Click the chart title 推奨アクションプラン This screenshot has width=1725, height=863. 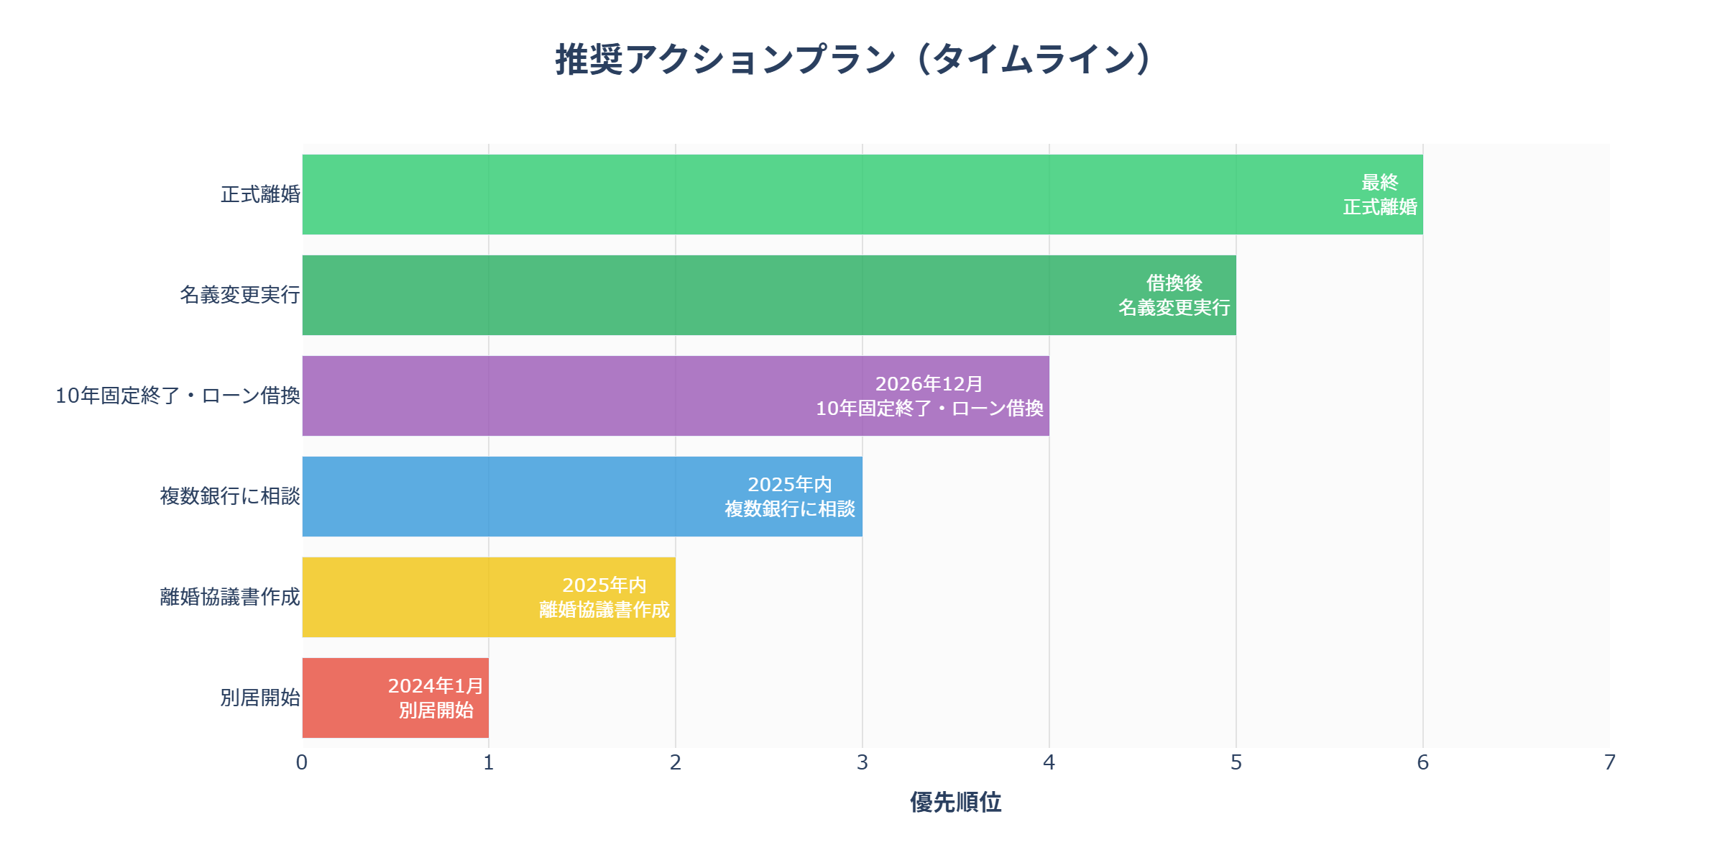tap(855, 59)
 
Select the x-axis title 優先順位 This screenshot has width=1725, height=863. tap(955, 802)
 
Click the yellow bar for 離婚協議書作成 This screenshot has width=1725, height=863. tap(431, 597)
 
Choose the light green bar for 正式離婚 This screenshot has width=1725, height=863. tap(791, 194)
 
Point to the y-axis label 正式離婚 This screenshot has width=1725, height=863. tap(260, 194)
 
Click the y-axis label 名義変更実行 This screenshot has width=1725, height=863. tap(239, 295)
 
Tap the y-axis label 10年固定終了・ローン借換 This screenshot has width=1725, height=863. tap(178, 396)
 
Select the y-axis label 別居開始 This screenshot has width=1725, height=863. tap(260, 698)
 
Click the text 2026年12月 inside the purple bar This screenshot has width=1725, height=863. tap(929, 384)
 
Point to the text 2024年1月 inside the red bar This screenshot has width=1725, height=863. tap(436, 686)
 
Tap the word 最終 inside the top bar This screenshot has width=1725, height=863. tap(1380, 183)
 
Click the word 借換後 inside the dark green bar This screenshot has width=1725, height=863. tap(1174, 283)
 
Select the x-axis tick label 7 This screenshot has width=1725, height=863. tap(1610, 762)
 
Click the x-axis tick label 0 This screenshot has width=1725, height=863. tap(302, 762)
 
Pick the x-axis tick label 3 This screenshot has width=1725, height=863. tap(862, 762)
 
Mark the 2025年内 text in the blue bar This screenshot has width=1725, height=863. tap(789, 485)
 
